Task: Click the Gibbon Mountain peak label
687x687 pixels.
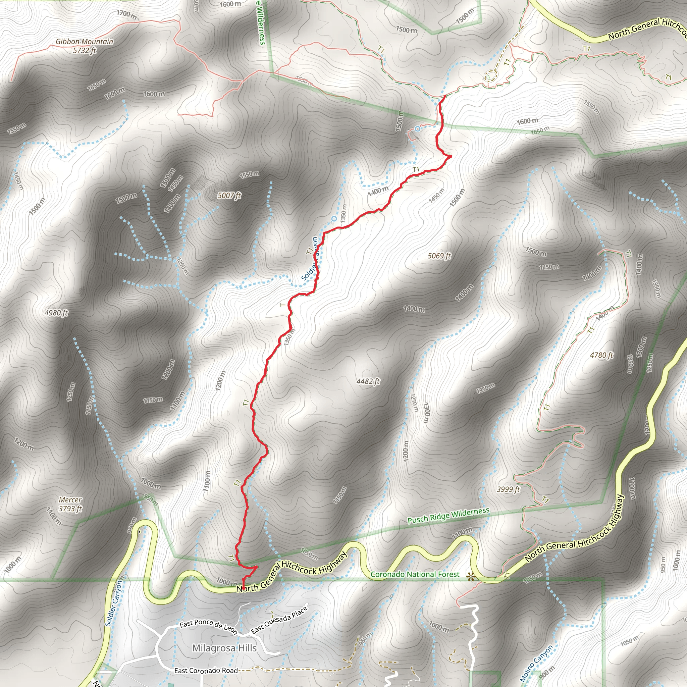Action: pos(84,46)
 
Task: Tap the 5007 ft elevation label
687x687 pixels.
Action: pos(229,195)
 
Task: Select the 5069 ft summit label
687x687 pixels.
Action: pos(439,256)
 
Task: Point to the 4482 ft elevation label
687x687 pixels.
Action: pos(368,381)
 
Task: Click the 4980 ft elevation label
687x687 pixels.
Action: pos(56,313)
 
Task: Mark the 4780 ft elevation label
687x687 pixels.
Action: pos(602,355)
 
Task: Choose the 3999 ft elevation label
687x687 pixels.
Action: pos(508,490)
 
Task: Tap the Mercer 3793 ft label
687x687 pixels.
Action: pos(70,504)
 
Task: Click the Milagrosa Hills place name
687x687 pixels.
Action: pos(224,648)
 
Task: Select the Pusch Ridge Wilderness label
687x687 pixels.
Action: pos(448,516)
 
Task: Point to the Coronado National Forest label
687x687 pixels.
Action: pos(415,574)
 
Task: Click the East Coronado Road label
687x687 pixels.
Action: pos(206,671)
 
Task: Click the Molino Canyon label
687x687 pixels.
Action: pos(536,664)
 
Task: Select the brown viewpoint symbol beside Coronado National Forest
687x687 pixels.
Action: pos(472,576)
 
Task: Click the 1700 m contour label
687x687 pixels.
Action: pos(126,15)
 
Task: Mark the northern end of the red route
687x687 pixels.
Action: pos(445,96)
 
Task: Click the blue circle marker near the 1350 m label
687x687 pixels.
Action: pos(334,219)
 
